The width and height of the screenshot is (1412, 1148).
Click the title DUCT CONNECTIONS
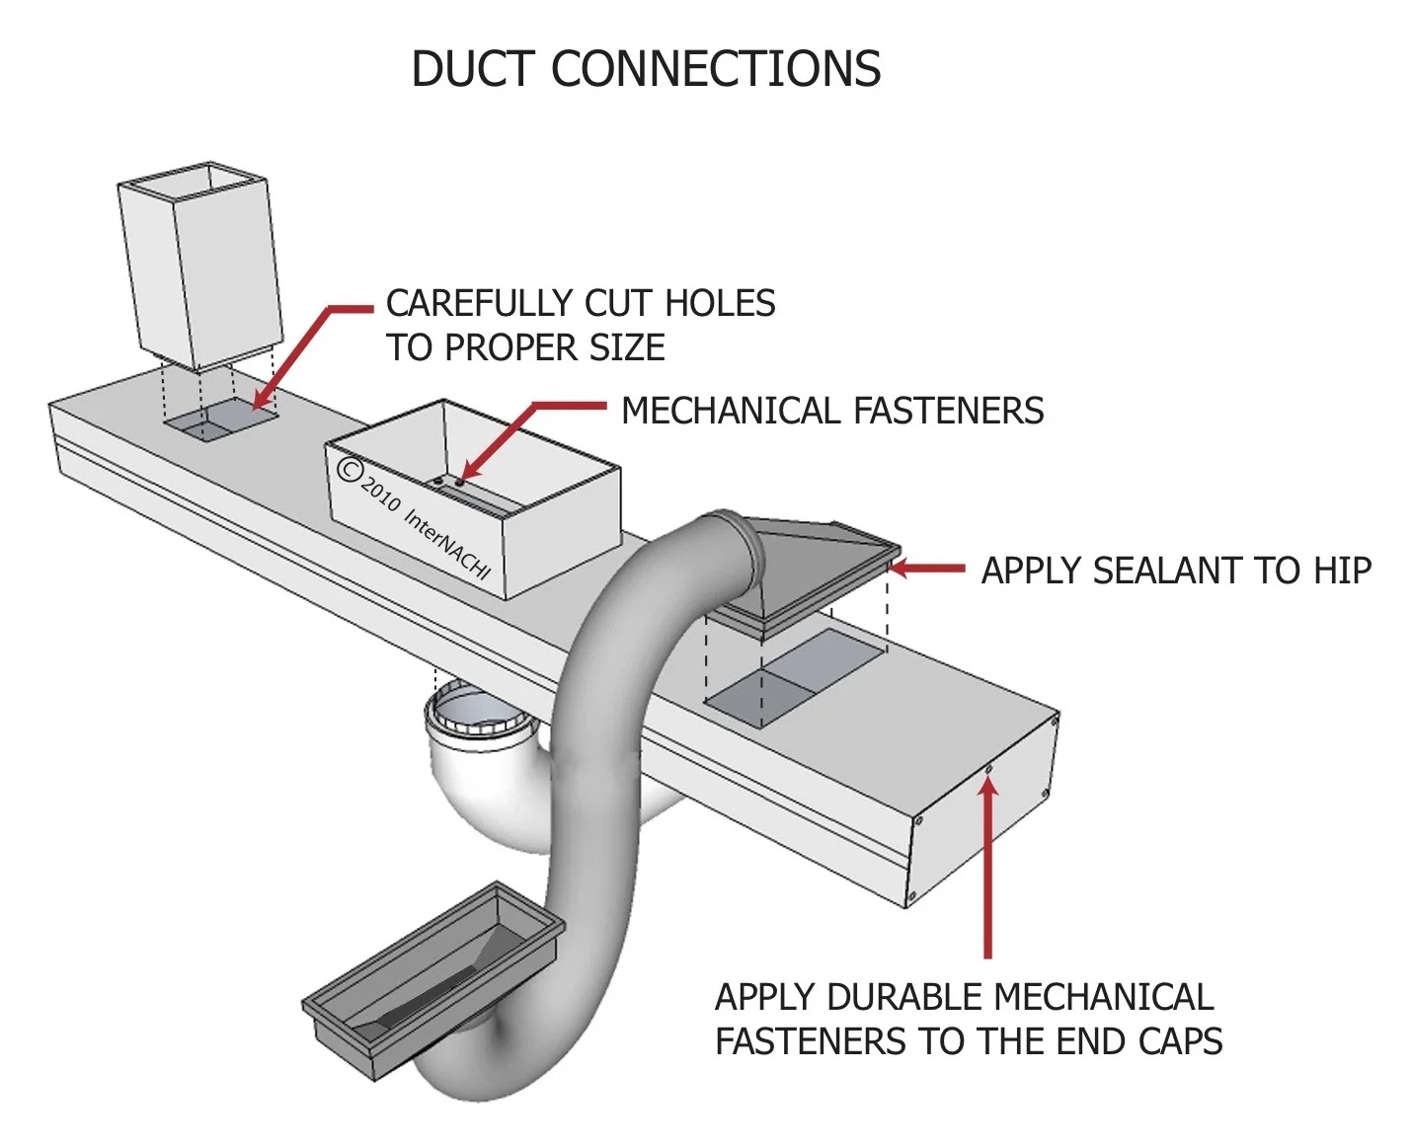[x=646, y=68]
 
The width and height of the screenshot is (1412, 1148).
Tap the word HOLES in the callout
[x=719, y=303]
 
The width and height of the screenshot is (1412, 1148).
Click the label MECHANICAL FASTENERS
[x=832, y=411]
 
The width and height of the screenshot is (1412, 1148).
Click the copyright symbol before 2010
[x=350, y=469]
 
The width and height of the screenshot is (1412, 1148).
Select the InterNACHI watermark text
[x=446, y=544]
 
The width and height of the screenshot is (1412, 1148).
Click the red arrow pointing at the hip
[x=926, y=568]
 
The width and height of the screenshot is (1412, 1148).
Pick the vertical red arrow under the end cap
[x=987, y=868]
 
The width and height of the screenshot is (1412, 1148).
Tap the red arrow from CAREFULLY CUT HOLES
[x=312, y=358]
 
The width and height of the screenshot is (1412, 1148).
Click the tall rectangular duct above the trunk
[x=200, y=266]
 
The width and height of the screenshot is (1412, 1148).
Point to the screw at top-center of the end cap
[x=988, y=769]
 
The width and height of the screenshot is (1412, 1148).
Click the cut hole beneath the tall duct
[x=221, y=420]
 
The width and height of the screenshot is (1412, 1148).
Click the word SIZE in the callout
[x=627, y=348]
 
